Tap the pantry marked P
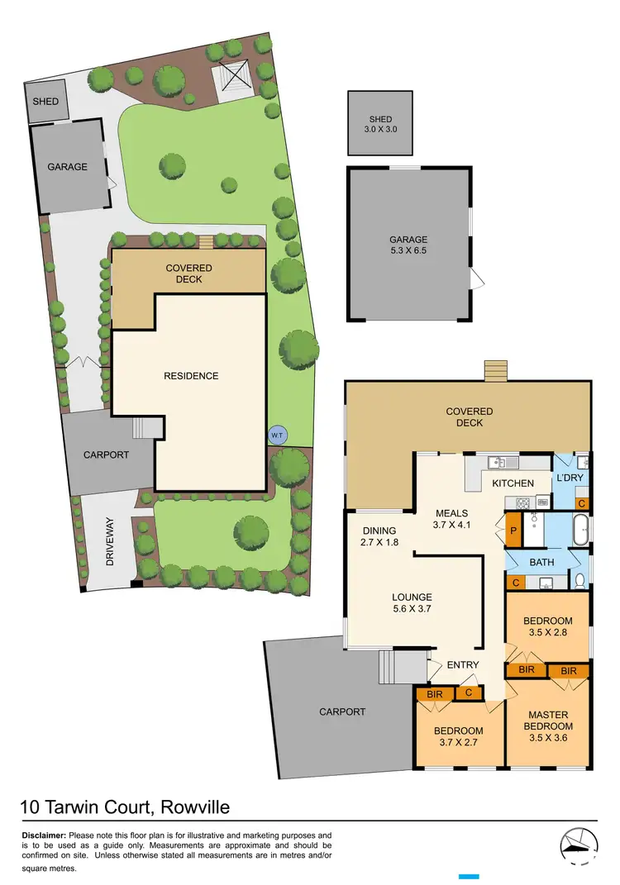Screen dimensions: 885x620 [x=513, y=530]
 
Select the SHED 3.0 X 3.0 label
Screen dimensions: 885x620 [x=380, y=125]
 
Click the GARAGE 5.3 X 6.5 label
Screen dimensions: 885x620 [x=408, y=245]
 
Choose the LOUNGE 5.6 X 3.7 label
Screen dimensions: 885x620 [x=413, y=603]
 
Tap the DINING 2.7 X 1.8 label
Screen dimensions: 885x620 [x=380, y=536]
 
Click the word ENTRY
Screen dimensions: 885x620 [x=463, y=664]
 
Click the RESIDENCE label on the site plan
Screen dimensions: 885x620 [x=191, y=376]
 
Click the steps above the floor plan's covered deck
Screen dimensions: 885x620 [x=494, y=371]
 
